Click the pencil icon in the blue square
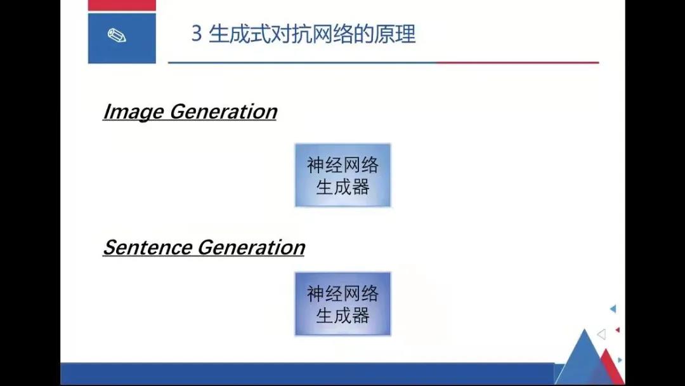[117, 36]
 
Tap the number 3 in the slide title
[197, 34]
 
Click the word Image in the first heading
[134, 112]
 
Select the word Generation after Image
[223, 112]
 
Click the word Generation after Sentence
[252, 248]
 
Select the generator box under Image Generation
[343, 175]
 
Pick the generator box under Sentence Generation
[343, 304]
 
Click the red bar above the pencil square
[122, 5]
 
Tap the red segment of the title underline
[518, 62]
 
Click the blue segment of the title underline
[303, 62]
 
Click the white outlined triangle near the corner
[602, 335]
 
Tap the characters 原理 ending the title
[395, 34]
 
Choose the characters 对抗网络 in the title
[312, 34]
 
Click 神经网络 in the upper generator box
[343, 165]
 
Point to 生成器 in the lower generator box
[343, 315]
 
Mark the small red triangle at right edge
[618, 330]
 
